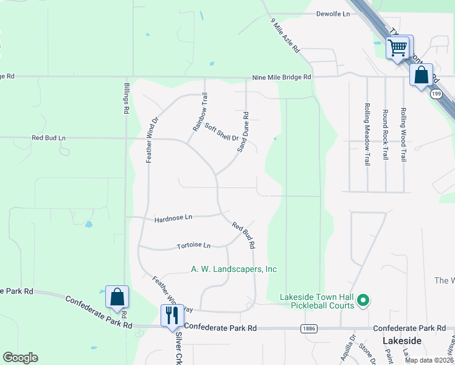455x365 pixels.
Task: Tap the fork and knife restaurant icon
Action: click(x=172, y=315)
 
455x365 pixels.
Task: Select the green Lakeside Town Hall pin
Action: click(x=363, y=300)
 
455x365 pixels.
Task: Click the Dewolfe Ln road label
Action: click(x=333, y=13)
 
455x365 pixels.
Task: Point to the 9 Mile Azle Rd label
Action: click(x=285, y=37)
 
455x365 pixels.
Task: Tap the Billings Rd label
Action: click(x=127, y=99)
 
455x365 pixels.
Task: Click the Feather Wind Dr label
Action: click(x=151, y=139)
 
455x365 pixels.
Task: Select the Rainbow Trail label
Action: click(x=200, y=112)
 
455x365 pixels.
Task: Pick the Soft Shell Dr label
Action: click(x=221, y=132)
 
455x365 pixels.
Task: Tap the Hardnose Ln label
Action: click(x=173, y=217)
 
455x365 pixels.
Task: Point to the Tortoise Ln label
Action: click(x=193, y=246)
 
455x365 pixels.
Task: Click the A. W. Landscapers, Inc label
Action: click(x=234, y=269)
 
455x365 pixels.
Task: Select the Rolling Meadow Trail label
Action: click(x=367, y=133)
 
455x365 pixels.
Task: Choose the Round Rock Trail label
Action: click(x=385, y=134)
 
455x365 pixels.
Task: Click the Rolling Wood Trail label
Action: click(x=403, y=134)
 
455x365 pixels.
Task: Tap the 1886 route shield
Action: click(x=307, y=328)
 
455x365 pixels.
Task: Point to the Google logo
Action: click(x=20, y=358)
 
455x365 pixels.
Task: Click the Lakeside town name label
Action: click(x=402, y=341)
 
